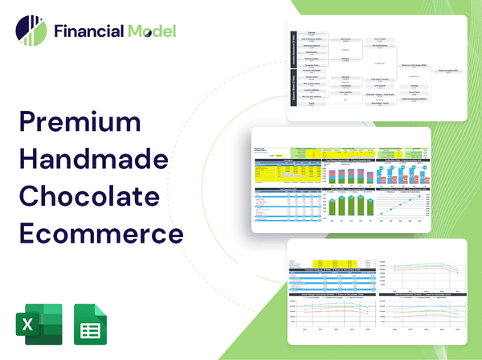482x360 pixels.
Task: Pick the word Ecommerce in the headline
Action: pyautogui.click(x=100, y=231)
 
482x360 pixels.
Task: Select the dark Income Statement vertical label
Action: pyautogui.click(x=293, y=52)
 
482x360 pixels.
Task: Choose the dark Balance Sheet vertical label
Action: pyautogui.click(x=293, y=91)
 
